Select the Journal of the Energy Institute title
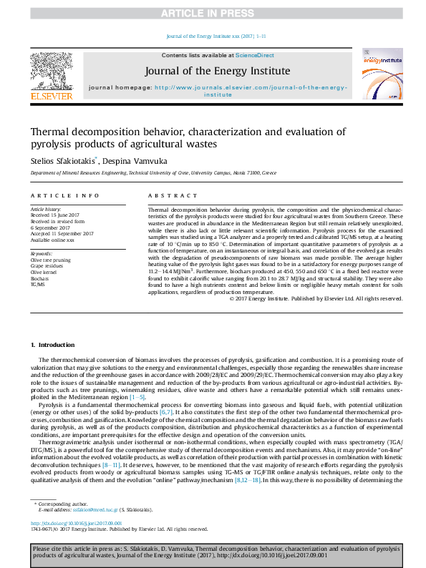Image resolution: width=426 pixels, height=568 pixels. click(x=218, y=71)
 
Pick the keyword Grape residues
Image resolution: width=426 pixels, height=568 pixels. click(x=46, y=265)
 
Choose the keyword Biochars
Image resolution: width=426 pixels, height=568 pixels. click(x=40, y=278)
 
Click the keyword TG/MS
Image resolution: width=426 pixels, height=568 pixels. click(x=38, y=285)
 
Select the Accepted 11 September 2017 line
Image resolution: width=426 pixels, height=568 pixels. click(x=62, y=233)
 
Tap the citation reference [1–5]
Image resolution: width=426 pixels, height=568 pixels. click(x=137, y=396)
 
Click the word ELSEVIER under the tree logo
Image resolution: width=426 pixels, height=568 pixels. click(x=52, y=95)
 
